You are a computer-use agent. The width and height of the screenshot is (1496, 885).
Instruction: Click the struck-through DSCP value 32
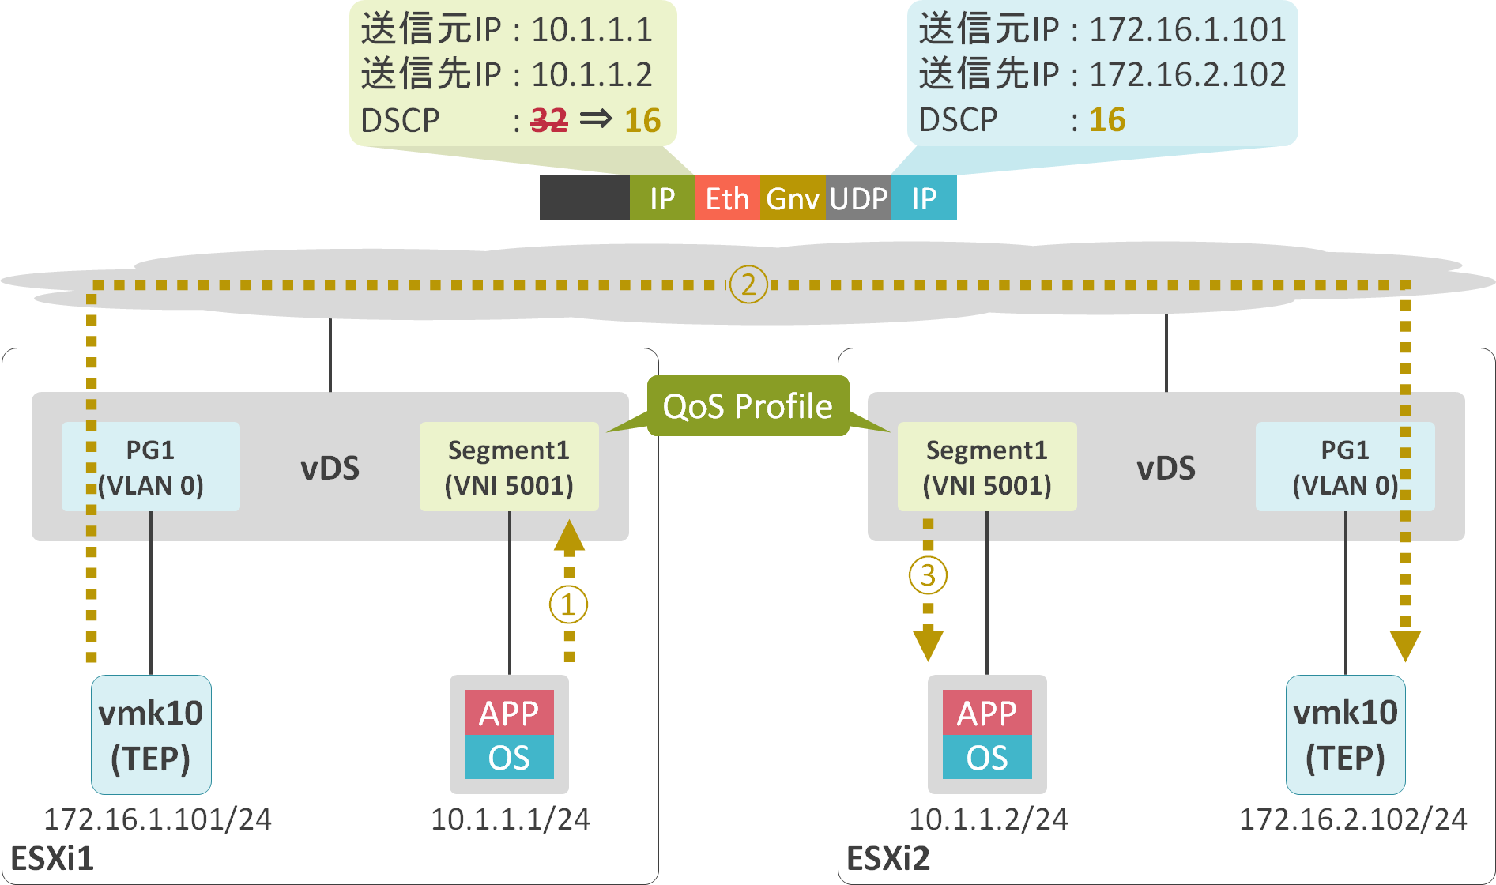(x=548, y=120)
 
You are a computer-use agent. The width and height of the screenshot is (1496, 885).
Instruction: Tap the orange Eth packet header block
(x=726, y=198)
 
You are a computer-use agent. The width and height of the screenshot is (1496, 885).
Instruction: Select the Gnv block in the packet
(x=792, y=198)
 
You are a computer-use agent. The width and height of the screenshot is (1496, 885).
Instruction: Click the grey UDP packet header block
(x=858, y=198)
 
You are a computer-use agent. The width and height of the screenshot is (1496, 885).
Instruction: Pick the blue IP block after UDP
(x=923, y=198)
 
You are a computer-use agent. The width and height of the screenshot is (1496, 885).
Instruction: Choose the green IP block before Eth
(x=661, y=198)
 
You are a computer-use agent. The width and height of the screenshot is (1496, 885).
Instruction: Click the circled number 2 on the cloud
(x=748, y=284)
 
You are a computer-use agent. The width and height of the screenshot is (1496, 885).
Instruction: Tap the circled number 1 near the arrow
(x=568, y=604)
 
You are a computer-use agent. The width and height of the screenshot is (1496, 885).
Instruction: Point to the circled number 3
(x=928, y=575)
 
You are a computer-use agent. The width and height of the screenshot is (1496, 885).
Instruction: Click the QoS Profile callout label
(x=747, y=406)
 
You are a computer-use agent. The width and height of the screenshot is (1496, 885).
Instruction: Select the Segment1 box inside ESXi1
(x=509, y=467)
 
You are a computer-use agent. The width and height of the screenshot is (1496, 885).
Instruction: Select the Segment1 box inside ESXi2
(x=986, y=467)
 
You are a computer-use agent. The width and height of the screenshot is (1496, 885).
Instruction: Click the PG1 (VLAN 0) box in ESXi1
(x=150, y=467)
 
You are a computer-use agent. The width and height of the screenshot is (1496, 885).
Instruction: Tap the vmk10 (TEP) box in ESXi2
(x=1345, y=735)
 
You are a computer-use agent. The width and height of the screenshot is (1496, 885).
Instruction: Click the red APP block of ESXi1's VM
(x=509, y=713)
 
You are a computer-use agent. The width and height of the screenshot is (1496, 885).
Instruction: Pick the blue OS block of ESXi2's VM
(x=986, y=757)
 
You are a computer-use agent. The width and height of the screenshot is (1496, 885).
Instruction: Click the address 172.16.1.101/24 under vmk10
(x=157, y=819)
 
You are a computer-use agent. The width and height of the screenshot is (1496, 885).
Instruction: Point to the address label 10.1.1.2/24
(x=988, y=819)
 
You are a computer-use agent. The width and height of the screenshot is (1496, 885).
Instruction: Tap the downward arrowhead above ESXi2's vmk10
(x=1405, y=645)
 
